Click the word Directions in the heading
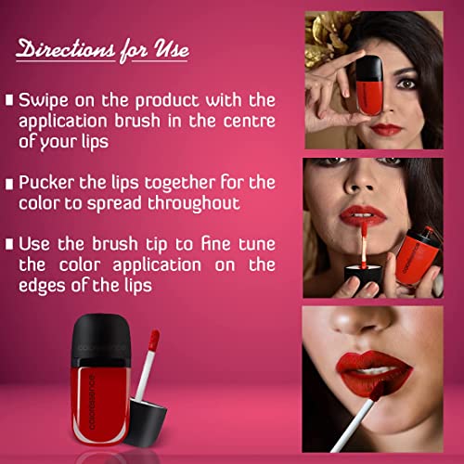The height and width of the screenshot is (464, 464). tap(66, 48)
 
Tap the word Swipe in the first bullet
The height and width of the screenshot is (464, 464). tap(44, 100)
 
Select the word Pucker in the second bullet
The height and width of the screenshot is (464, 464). tap(46, 183)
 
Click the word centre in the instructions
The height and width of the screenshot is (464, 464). tap(250, 121)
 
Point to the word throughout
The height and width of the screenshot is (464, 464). tap(194, 203)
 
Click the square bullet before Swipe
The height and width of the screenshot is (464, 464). tap(9, 100)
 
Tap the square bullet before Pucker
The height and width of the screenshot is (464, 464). tap(9, 184)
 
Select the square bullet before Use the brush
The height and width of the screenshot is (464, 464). tap(9, 244)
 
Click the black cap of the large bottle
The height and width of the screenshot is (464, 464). tap(101, 340)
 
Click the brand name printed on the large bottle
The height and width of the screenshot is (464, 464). tap(92, 402)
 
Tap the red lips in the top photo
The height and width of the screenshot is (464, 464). tap(386, 129)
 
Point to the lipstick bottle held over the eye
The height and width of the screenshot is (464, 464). tap(369, 85)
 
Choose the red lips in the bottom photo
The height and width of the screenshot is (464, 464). tap(374, 373)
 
